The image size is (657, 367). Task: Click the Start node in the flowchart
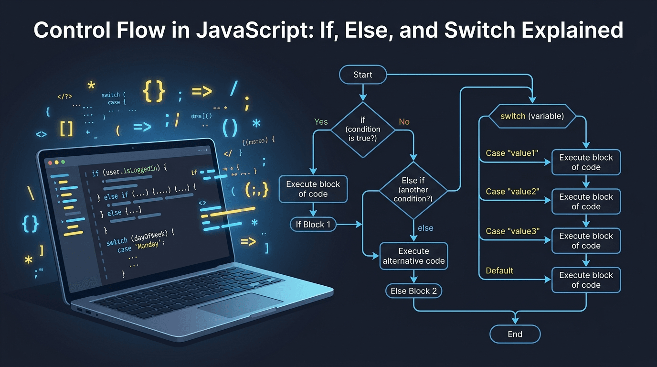[362, 75]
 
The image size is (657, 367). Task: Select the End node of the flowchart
[515, 334]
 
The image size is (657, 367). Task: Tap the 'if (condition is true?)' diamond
[363, 130]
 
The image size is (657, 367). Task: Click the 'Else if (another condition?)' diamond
[413, 190]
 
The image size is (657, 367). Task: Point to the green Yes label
[321, 122]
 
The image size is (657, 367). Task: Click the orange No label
[404, 122]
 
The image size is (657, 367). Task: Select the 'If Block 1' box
[313, 224]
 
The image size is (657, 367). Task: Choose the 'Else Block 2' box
[413, 291]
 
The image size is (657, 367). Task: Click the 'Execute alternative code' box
[413, 256]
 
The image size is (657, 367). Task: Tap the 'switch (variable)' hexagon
[532, 116]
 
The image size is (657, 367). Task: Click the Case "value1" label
[512, 153]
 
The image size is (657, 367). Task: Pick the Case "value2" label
[512, 192]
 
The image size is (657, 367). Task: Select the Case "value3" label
[512, 231]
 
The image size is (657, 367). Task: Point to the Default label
[499, 270]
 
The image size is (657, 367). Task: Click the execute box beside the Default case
[586, 280]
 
